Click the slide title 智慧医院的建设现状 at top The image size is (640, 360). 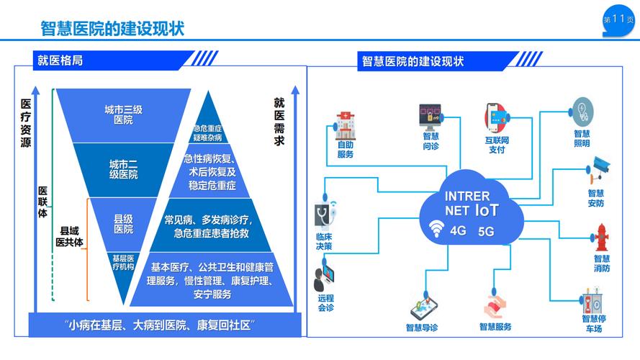click(112, 28)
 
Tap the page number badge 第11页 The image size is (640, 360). click(618, 20)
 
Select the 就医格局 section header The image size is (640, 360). click(60, 60)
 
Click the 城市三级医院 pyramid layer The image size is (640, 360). click(123, 115)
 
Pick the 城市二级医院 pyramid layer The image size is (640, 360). click(123, 169)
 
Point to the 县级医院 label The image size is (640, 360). click(123, 224)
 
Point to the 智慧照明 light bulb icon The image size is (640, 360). click(582, 112)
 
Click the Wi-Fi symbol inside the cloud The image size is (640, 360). click(436, 230)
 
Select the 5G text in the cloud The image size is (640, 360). click(486, 232)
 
